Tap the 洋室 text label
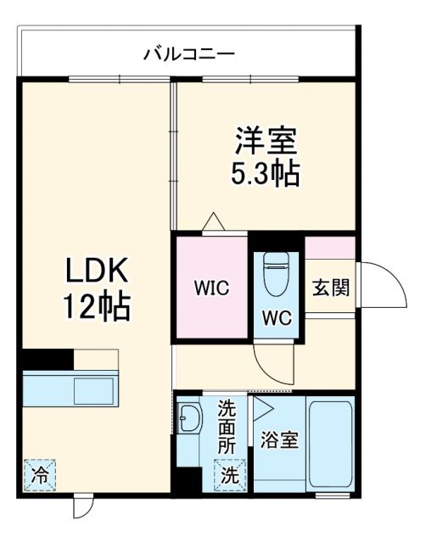[x=265, y=137]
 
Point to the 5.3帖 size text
[x=265, y=173]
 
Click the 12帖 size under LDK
[x=97, y=306]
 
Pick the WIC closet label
[x=211, y=287]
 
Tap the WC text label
[x=277, y=319]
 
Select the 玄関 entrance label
[x=329, y=287]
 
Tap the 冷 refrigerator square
[x=39, y=471]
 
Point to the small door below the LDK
[x=82, y=507]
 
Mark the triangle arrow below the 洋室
[x=213, y=222]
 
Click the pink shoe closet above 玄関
[x=330, y=248]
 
